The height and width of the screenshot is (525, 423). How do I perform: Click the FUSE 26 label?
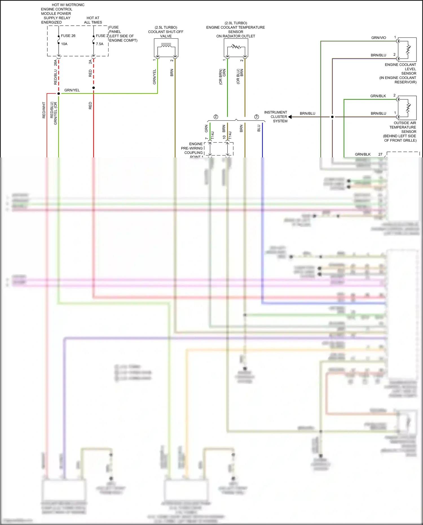(68, 36)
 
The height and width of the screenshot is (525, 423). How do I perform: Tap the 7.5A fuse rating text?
(100, 44)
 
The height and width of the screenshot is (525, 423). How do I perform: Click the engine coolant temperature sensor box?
(236, 48)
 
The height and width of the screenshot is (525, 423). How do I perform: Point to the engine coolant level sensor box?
(407, 50)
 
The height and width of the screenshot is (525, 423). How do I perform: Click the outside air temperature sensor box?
(407, 108)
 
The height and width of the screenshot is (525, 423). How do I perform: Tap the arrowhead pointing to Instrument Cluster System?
(290, 117)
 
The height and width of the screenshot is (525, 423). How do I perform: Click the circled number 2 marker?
(216, 117)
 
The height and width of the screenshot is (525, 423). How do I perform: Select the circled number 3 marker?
(256, 117)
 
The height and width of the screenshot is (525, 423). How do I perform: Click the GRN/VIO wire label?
(378, 38)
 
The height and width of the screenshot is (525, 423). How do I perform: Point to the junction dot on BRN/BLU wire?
(332, 117)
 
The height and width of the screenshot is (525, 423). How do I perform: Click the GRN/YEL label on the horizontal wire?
(72, 90)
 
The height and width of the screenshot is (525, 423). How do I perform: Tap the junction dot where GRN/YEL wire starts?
(59, 93)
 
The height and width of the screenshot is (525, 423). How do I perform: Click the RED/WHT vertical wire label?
(44, 110)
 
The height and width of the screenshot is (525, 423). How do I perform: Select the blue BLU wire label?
(259, 128)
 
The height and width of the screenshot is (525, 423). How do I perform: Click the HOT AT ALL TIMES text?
(93, 20)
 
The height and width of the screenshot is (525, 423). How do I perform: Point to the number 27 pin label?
(380, 154)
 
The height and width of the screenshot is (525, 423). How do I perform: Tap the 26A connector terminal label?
(55, 63)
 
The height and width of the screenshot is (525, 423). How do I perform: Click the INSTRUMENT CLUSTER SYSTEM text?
(276, 117)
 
